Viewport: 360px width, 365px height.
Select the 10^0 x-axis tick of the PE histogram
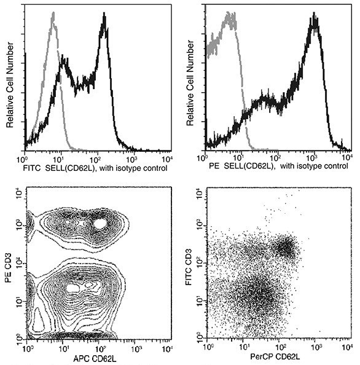(x=209, y=158)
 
